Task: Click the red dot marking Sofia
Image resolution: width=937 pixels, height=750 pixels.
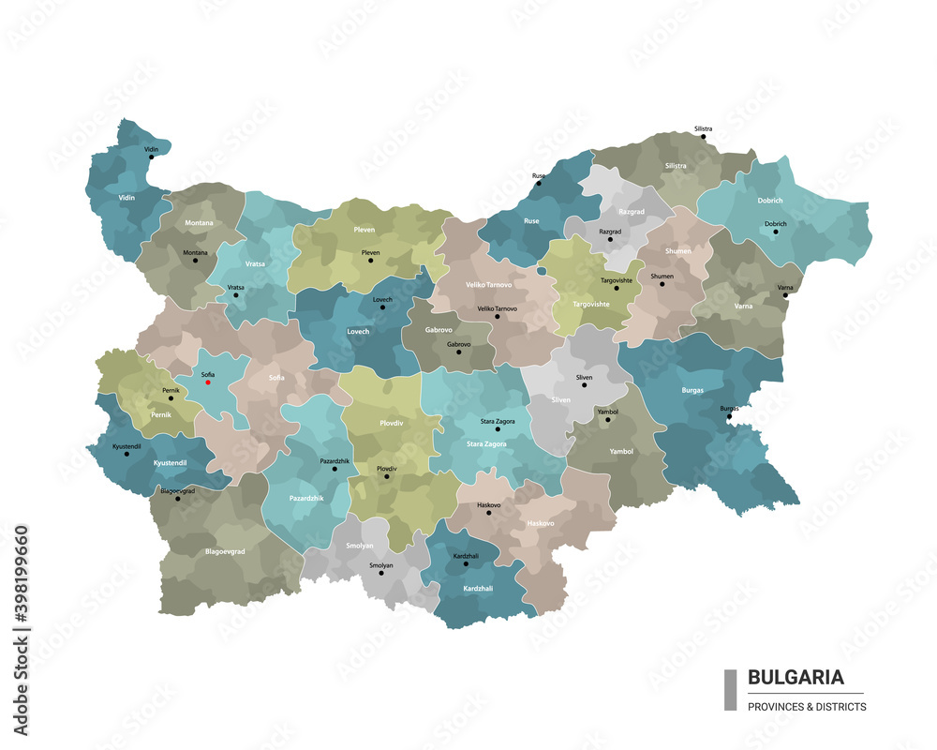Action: [x=208, y=382]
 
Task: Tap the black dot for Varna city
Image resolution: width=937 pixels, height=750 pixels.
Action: [x=785, y=295]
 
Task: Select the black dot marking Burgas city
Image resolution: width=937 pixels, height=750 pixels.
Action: [x=729, y=416]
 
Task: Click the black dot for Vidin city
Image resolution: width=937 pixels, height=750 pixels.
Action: [x=151, y=157]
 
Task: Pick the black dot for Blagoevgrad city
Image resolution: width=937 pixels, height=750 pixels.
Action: [x=178, y=499]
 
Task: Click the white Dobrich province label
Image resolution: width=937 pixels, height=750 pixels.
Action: [x=770, y=201]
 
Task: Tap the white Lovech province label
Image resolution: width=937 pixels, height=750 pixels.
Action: [x=358, y=332]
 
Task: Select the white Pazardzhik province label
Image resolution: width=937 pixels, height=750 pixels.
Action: [x=306, y=498]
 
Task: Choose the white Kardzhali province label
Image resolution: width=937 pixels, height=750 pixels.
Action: [x=478, y=589]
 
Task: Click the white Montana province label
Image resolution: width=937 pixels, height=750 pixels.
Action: [x=199, y=223]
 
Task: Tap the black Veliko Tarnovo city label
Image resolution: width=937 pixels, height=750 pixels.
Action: [x=497, y=308]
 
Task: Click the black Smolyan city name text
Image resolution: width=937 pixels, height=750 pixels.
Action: [x=380, y=565]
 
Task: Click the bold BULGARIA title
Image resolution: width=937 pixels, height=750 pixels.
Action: [x=795, y=677]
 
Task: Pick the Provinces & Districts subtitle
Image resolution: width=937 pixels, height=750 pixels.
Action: [x=806, y=707]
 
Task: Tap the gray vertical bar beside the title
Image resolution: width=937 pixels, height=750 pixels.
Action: [x=731, y=689]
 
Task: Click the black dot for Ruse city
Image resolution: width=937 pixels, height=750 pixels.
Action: [x=539, y=184]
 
